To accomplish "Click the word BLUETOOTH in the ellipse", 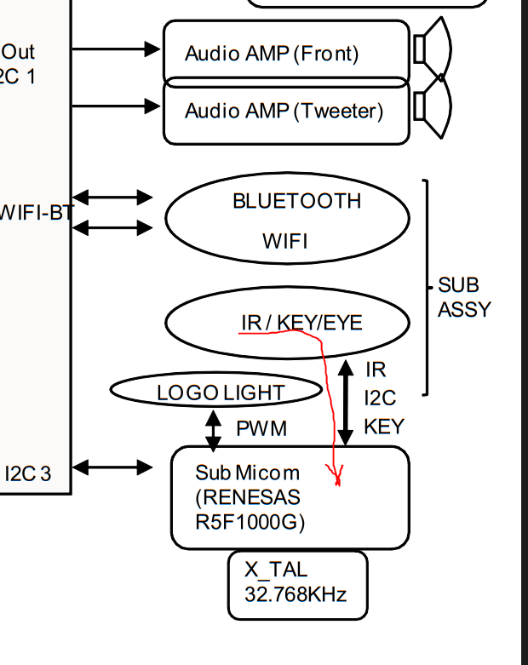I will [296, 201].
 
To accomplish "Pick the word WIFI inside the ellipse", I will [285, 241].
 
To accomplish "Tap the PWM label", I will [261, 427].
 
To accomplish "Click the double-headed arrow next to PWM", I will [213, 430].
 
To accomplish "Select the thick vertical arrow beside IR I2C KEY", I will [345, 403].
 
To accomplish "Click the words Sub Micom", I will [247, 473].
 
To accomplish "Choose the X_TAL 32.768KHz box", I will [297, 584].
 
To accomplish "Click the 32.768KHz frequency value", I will [296, 594].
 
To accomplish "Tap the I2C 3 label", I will [27, 473].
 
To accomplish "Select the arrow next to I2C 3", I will [113, 467].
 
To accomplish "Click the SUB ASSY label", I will [464, 297].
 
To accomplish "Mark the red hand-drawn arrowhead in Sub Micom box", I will [337, 477].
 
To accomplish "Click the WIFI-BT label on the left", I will [36, 213].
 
